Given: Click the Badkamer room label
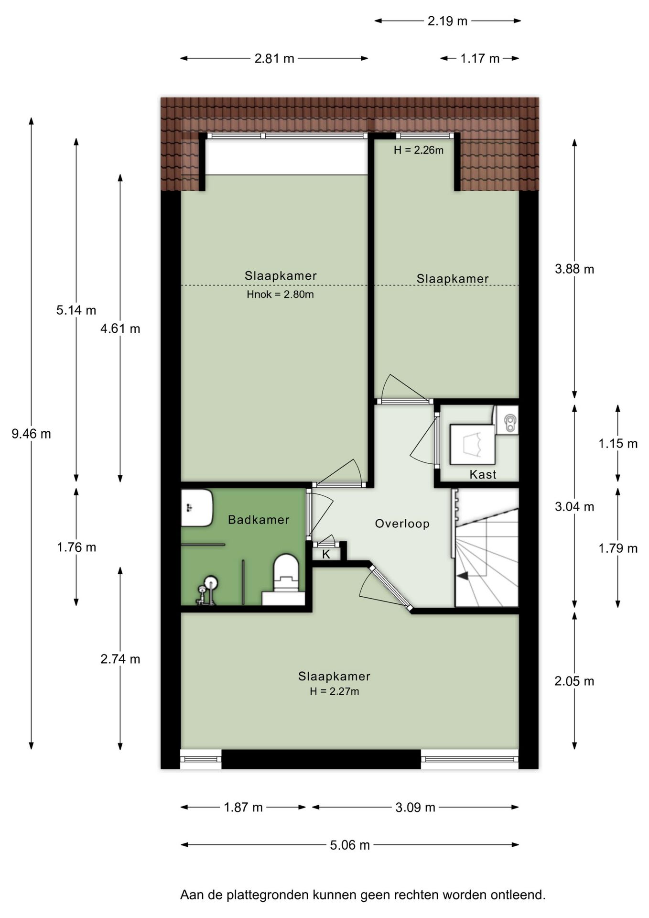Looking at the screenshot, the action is [259, 520].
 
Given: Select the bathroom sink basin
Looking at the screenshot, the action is [196, 508].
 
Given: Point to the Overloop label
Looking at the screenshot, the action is [402, 524].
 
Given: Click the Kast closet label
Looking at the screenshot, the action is [483, 474].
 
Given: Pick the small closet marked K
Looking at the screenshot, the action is [326, 554].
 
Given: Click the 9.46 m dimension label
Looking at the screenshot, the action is [31, 434].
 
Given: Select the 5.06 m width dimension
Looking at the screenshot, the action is [350, 845].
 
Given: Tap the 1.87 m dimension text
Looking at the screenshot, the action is [243, 808].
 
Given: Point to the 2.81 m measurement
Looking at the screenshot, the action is [274, 58].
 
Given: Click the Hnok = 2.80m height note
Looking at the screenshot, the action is [280, 295].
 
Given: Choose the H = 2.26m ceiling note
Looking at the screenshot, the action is [419, 150].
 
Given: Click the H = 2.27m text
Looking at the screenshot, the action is [334, 691].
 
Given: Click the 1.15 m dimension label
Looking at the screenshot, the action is [618, 444].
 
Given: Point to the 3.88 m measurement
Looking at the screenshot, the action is [574, 269].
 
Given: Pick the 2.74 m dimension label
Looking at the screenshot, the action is [120, 659].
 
